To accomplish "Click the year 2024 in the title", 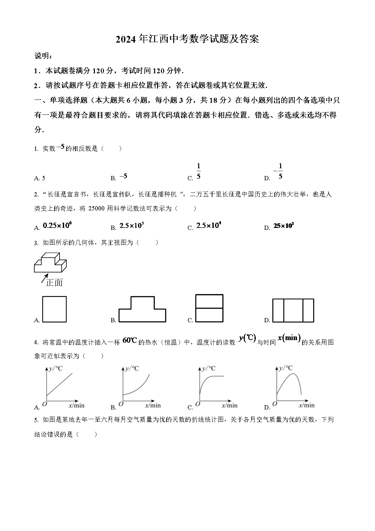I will click(126, 39).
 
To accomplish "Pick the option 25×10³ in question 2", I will click(283, 226).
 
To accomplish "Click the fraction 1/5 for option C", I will click(199, 171).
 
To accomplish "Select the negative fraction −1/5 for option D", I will click(278, 171).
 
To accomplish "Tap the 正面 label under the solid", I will click(54, 282).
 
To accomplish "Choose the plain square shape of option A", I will click(54, 309).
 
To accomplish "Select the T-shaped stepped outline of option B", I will click(142, 309).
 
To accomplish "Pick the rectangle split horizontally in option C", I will click(210, 308).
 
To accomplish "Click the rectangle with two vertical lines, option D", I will click(293, 310).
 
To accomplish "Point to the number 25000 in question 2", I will click(96, 208).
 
